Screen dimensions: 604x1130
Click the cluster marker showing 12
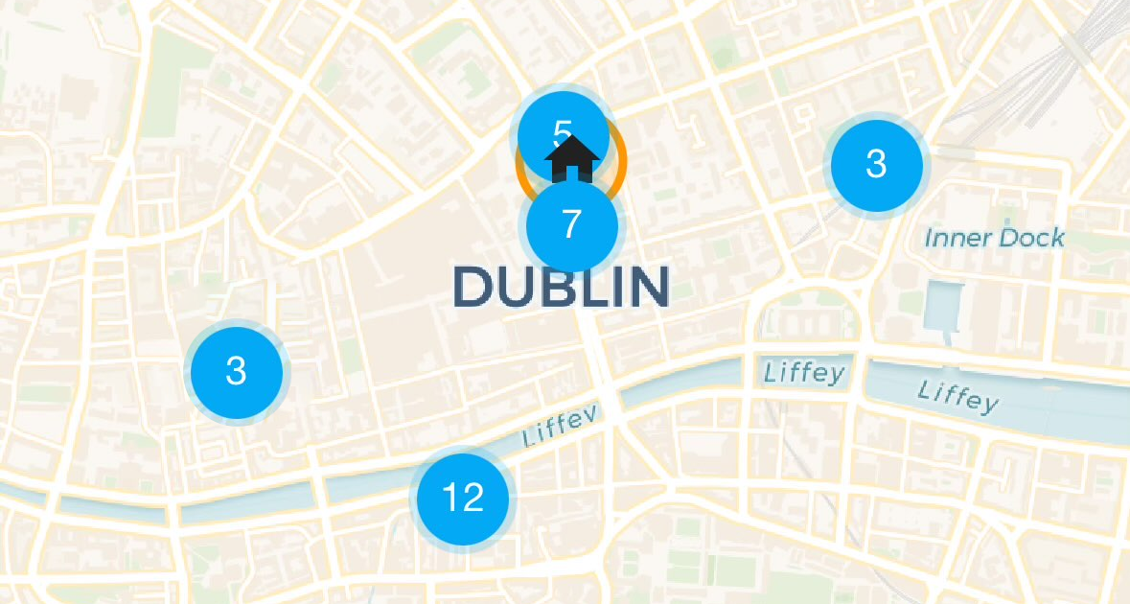tap(463, 499)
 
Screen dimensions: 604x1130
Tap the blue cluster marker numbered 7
tap(571, 224)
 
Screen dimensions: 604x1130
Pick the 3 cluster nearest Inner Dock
tap(876, 164)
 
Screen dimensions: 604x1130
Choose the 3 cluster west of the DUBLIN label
tap(236, 370)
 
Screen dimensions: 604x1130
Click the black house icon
tap(572, 158)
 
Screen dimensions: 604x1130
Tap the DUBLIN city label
tap(560, 287)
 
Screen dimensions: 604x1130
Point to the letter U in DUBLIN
tap(516, 287)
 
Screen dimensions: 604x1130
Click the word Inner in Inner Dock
tap(955, 237)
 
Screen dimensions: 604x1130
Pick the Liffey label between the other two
tap(804, 372)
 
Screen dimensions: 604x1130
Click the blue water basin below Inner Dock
tap(940, 306)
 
